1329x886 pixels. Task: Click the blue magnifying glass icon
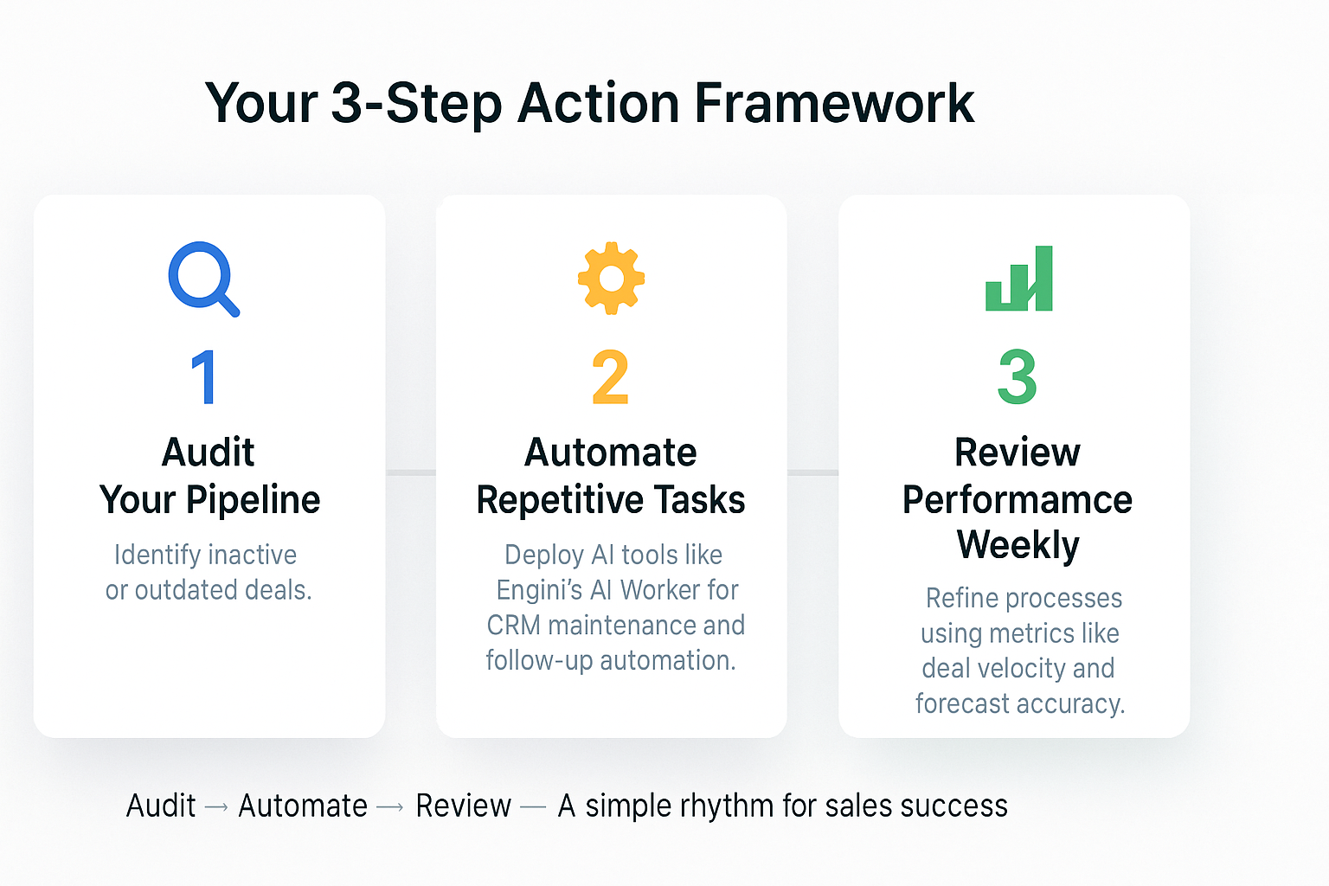pos(202,278)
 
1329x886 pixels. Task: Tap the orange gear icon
pos(611,278)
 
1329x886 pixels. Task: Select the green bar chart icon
pos(1019,279)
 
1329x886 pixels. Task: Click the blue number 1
pos(204,377)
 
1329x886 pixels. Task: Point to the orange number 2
pos(610,377)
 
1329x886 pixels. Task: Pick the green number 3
pos(1018,377)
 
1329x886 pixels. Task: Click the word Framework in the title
pos(834,104)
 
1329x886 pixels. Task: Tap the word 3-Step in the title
pos(416,104)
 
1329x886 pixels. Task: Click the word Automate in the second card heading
pos(611,453)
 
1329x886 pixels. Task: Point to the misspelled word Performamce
pos(1018,500)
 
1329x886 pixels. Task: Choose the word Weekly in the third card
pos(1018,545)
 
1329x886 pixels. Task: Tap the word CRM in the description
pos(513,626)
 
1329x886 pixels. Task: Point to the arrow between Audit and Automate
pos(216,807)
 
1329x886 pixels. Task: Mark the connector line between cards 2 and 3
pos(812,472)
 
